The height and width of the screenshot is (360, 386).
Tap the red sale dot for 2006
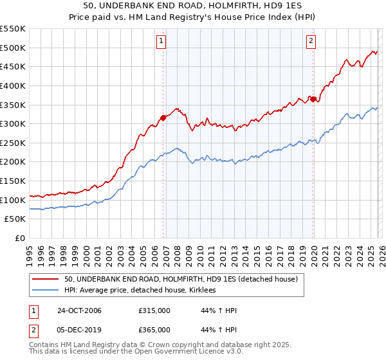(x=163, y=118)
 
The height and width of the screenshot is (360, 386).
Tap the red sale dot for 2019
(x=313, y=98)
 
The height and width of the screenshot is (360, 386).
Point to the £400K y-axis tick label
(x=13, y=85)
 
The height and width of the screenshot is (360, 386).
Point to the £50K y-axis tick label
(x=15, y=219)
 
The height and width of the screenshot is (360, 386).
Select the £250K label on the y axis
(x=13, y=143)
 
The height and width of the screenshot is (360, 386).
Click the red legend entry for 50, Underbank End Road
(x=180, y=280)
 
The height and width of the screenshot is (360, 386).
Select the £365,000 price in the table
(x=154, y=330)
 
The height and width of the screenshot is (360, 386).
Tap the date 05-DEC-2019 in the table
(x=80, y=330)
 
